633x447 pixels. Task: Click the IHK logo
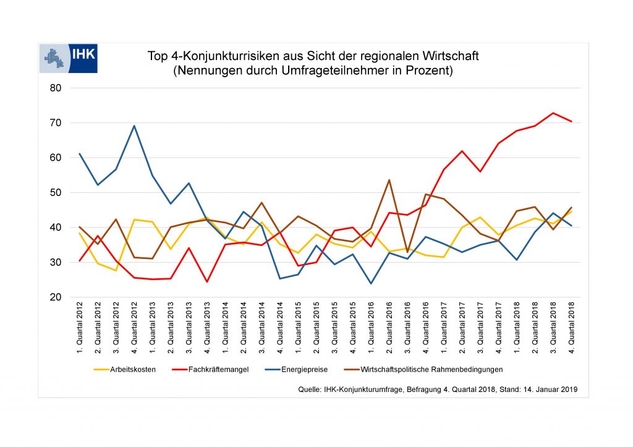point(68,59)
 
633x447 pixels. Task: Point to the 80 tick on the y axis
point(55,88)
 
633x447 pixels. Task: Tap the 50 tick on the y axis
point(55,193)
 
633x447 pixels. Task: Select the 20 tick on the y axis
point(55,297)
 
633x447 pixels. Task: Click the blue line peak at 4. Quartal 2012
point(134,126)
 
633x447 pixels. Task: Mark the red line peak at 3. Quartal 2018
point(553,113)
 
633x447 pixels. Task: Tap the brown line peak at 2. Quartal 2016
point(389,180)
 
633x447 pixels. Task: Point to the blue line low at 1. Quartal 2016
point(371,284)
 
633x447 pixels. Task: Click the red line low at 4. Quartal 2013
point(206,282)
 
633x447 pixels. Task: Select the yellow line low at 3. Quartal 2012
point(116,270)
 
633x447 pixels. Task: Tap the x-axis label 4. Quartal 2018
point(571,328)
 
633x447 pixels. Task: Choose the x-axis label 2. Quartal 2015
point(316,328)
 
